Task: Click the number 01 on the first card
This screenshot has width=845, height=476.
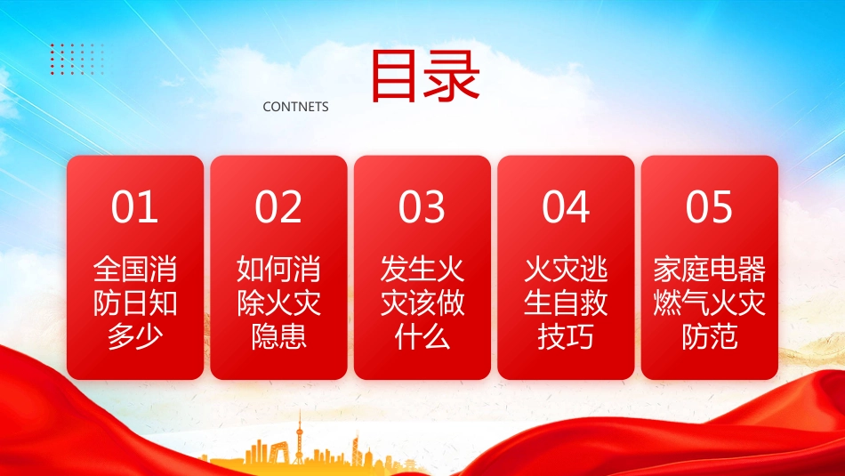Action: [134, 206]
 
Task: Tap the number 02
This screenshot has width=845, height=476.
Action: [278, 206]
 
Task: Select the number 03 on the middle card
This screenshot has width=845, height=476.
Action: [422, 206]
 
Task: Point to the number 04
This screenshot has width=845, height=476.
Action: [566, 206]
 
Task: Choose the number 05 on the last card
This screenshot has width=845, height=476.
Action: [709, 206]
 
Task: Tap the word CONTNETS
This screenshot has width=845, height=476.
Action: [295, 107]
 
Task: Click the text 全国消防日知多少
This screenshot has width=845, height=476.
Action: [135, 303]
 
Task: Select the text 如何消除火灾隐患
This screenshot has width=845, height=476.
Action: [278, 303]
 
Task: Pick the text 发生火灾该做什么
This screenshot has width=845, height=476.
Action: [422, 303]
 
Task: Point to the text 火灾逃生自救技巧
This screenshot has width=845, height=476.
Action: [566, 303]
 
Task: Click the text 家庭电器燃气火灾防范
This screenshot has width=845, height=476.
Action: [710, 303]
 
